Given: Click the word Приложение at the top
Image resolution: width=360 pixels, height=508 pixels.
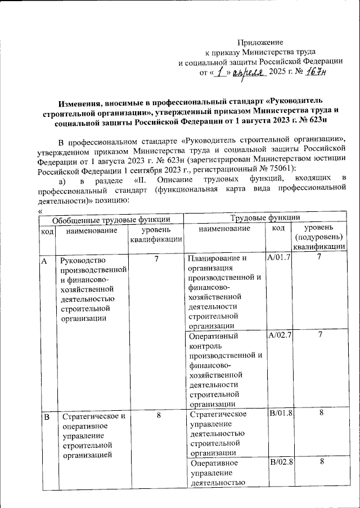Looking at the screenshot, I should click(260, 43).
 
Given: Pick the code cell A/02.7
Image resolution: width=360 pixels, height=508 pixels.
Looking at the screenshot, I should click(279, 335).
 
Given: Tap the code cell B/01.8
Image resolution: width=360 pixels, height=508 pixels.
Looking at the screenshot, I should click(279, 414).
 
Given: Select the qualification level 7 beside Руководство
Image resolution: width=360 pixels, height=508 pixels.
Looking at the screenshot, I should click(156, 259).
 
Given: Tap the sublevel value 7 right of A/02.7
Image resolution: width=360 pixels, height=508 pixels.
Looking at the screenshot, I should click(320, 335).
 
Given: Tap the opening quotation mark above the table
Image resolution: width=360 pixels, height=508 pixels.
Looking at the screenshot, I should click(39, 211).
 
